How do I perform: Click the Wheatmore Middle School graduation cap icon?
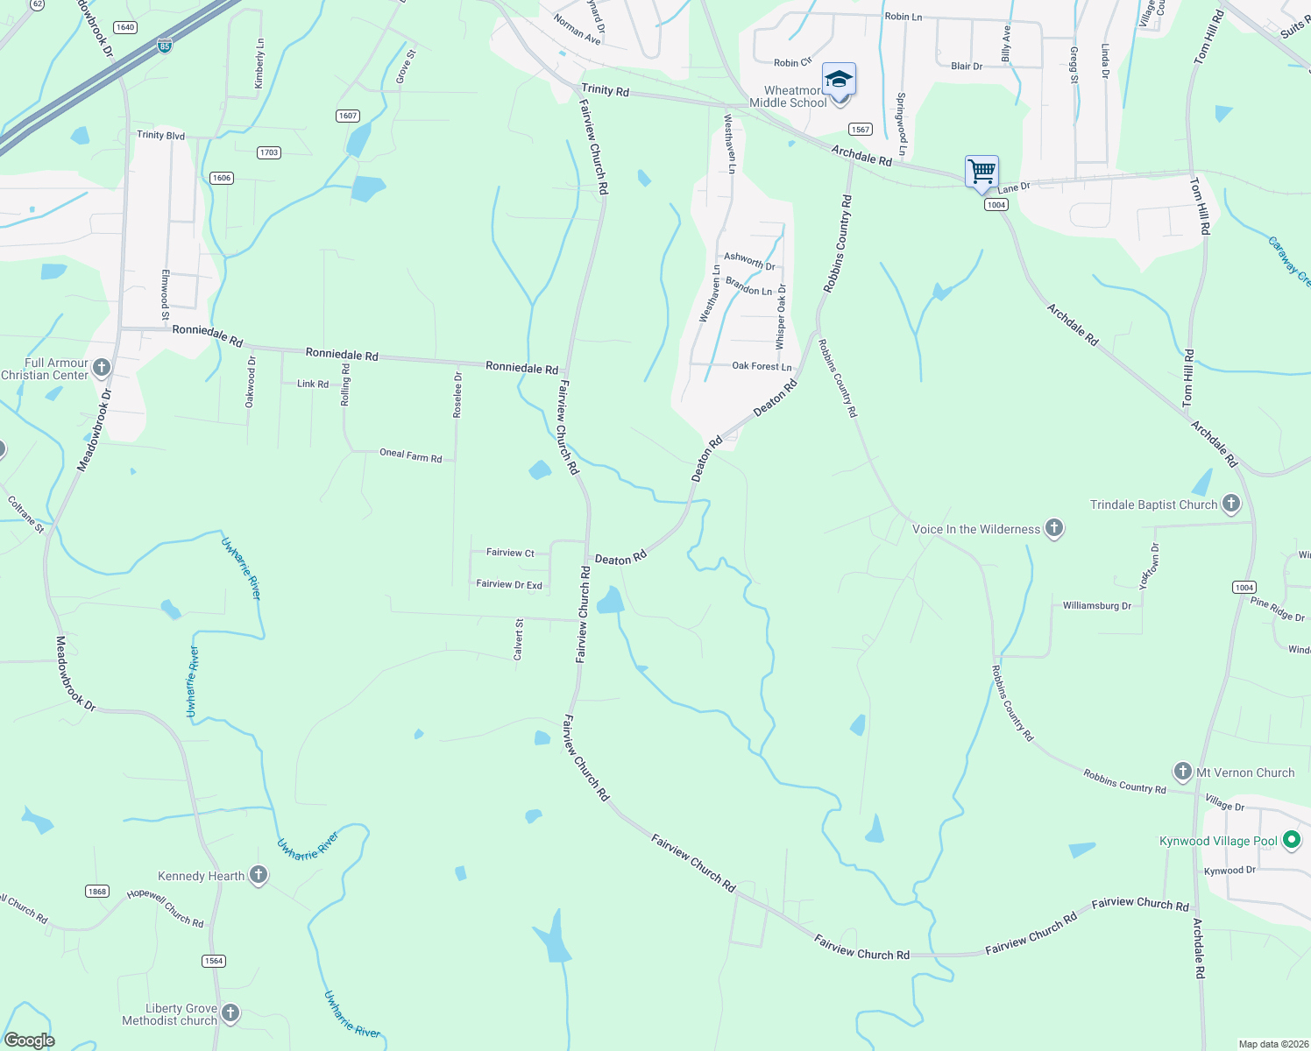(839, 80)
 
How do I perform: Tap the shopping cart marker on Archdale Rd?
(981, 171)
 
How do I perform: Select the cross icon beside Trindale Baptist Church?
(1230, 504)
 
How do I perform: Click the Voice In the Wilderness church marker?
(1053, 528)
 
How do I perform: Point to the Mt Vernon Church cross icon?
(1182, 772)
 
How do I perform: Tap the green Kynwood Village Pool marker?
(1291, 840)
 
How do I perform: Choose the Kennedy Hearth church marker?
(258, 875)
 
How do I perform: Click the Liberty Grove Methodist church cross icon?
(230, 1013)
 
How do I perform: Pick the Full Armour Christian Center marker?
(102, 367)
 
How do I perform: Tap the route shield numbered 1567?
(861, 130)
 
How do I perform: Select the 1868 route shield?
(97, 892)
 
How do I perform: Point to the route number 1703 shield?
(269, 152)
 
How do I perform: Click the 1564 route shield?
(214, 961)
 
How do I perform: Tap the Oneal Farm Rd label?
(410, 455)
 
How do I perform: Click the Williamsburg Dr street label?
(1096, 605)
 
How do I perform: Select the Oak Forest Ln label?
(762, 366)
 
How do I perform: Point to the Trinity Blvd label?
(160, 135)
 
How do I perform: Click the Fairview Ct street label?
(510, 553)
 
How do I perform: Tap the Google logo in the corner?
(30, 1040)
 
